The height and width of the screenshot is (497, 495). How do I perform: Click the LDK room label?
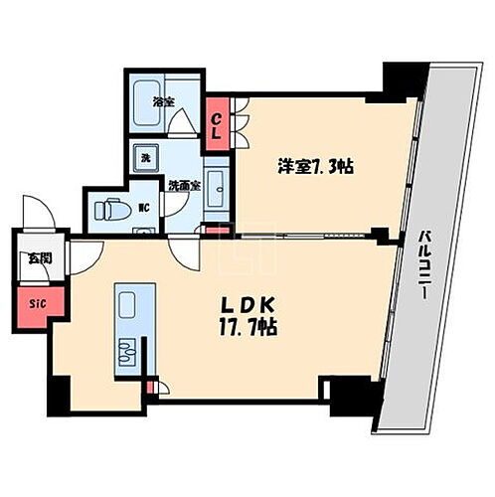(243, 304)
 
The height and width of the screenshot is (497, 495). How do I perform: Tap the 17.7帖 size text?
(243, 326)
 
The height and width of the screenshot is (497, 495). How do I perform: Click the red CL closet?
(216, 124)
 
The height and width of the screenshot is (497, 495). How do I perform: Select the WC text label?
(143, 208)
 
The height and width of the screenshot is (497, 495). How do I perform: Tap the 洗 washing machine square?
(144, 159)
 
